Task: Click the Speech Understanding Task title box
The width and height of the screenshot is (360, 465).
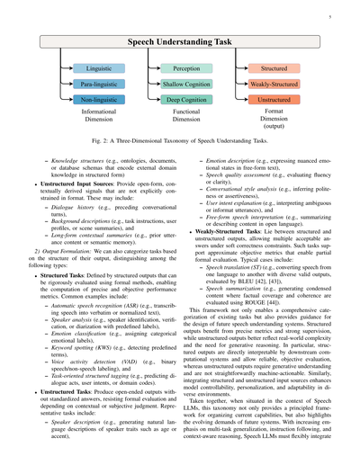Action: [180, 42]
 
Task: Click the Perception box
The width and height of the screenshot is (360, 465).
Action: [186, 68]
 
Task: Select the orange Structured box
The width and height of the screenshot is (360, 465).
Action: [274, 68]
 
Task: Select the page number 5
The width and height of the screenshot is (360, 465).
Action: [330, 15]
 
